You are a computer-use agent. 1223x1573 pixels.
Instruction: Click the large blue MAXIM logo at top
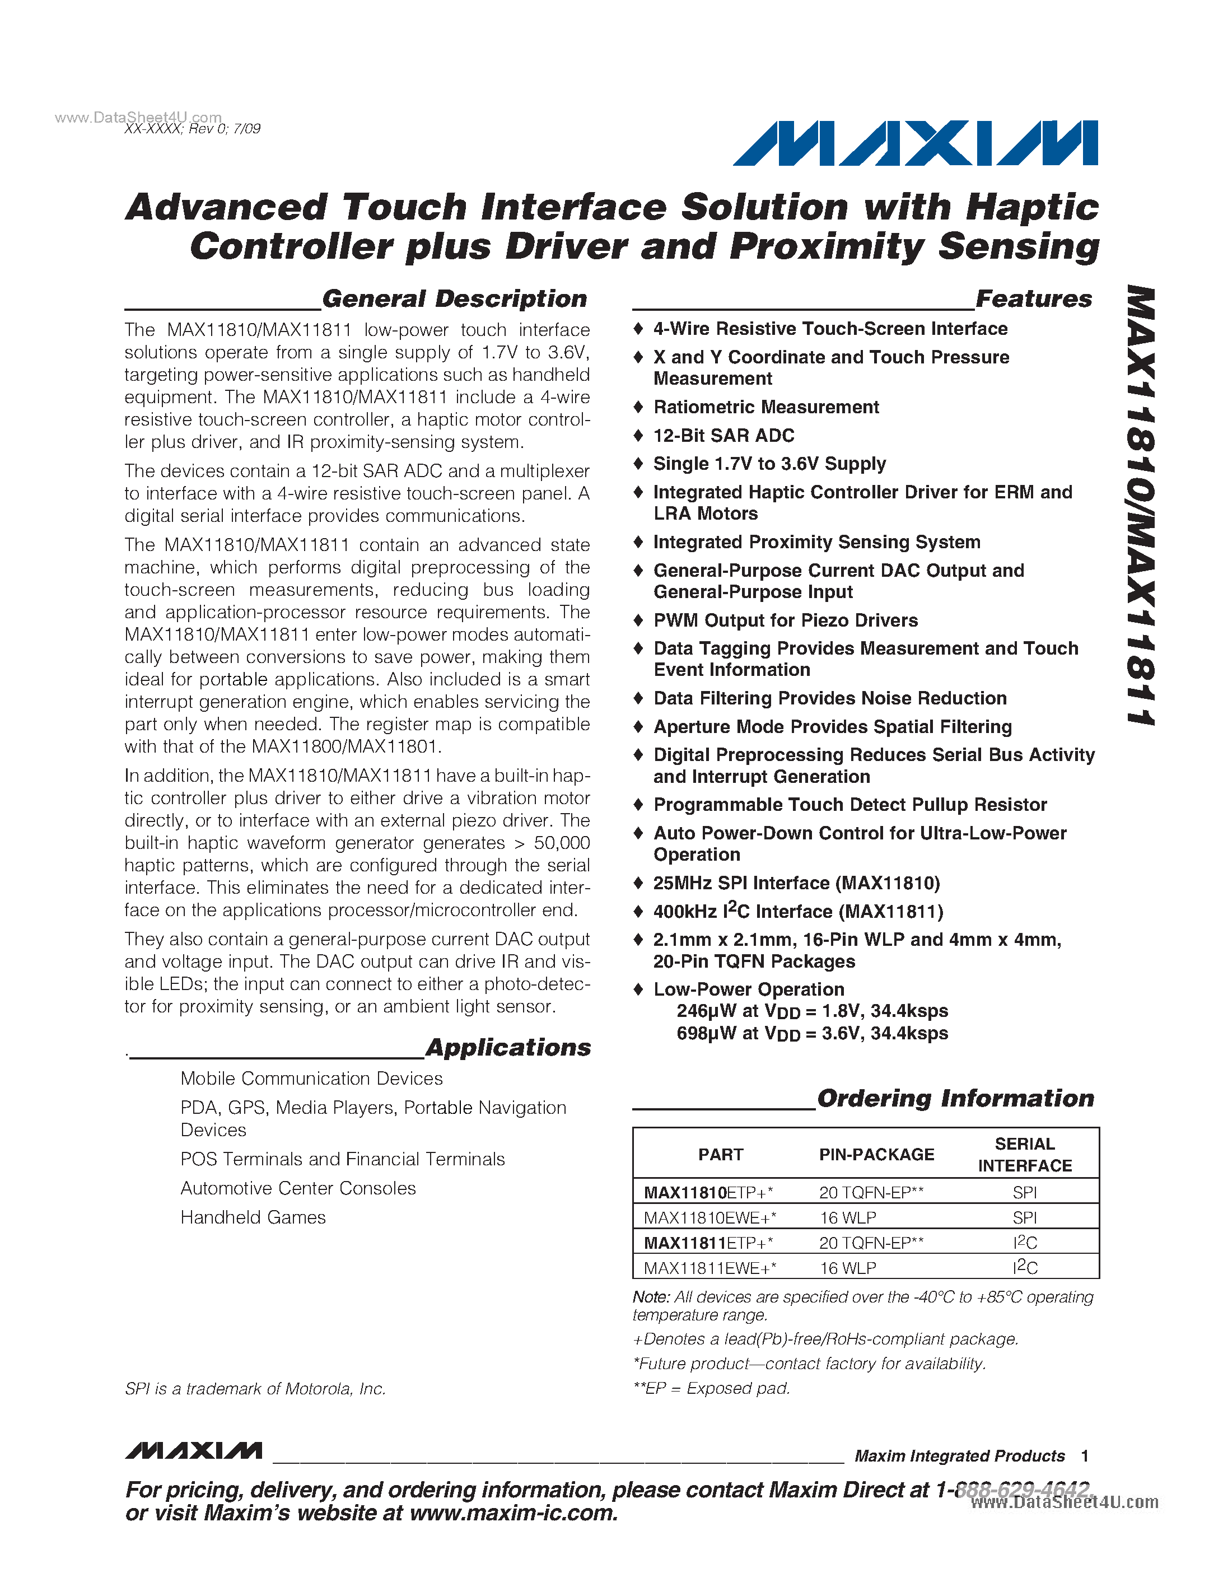[914, 143]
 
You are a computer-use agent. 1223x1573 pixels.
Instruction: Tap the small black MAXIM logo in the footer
[193, 1450]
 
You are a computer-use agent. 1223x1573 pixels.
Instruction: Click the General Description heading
[455, 298]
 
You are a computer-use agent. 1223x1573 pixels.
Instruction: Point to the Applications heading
[508, 1047]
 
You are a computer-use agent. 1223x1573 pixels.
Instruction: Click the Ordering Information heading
[955, 1098]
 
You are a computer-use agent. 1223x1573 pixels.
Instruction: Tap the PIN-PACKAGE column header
[876, 1155]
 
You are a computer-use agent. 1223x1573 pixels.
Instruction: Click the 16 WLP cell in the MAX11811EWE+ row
[848, 1268]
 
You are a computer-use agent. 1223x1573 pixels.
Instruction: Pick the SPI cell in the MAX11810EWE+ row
[1024, 1218]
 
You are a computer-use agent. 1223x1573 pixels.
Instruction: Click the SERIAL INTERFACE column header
[1024, 1155]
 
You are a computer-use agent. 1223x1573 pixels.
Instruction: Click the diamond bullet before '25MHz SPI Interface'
[637, 883]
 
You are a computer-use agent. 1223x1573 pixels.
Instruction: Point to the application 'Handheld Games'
[253, 1217]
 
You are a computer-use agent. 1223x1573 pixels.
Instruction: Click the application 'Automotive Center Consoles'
[298, 1188]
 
